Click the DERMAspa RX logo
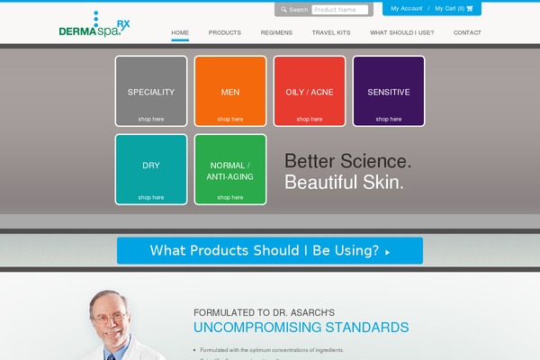(94, 26)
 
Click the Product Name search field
(339, 10)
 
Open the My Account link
(407, 8)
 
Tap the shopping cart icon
(470, 8)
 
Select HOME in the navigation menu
(180, 32)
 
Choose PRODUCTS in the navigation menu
(225, 32)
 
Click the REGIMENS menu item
(276, 32)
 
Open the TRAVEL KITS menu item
(331, 32)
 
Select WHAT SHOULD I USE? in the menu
(401, 32)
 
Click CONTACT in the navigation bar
(467, 32)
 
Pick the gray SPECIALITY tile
(151, 91)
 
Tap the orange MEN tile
(230, 91)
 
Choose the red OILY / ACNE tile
(310, 91)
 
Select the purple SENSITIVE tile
(389, 91)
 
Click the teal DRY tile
(151, 169)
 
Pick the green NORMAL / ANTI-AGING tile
(230, 169)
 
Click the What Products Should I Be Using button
(270, 250)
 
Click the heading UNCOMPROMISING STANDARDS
(301, 328)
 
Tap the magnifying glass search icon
(283, 10)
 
